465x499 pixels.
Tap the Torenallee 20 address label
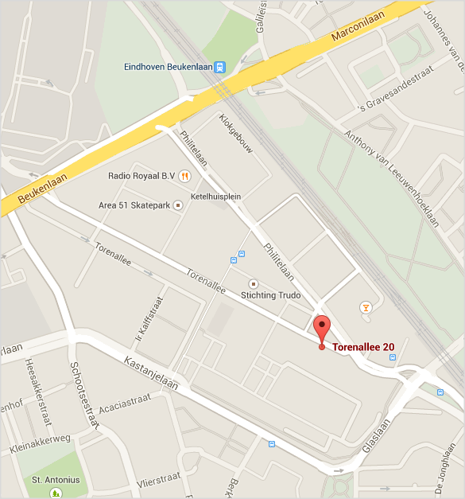pos(363,347)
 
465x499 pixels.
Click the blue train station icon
pos(219,67)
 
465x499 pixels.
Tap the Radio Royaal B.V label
pos(141,175)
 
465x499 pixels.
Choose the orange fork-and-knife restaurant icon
pos(184,175)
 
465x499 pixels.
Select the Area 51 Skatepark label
pos(134,205)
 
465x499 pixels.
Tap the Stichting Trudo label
pos(270,295)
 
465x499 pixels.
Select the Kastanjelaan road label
pos(151,375)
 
